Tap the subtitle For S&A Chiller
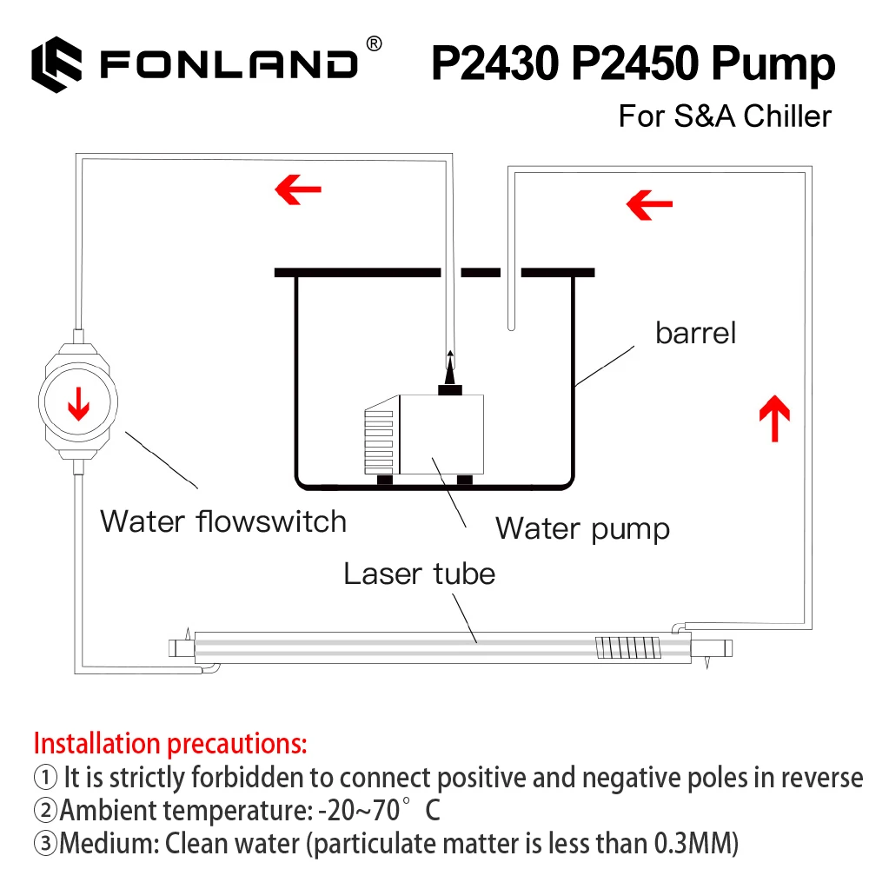point(725,116)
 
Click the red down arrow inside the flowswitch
point(79,402)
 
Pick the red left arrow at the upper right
point(649,205)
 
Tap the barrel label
point(695,333)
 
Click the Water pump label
point(582,527)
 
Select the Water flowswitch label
point(223,521)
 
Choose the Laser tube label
point(419,574)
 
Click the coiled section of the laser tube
point(614,647)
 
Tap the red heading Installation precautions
point(169,744)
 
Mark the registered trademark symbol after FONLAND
point(373,43)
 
